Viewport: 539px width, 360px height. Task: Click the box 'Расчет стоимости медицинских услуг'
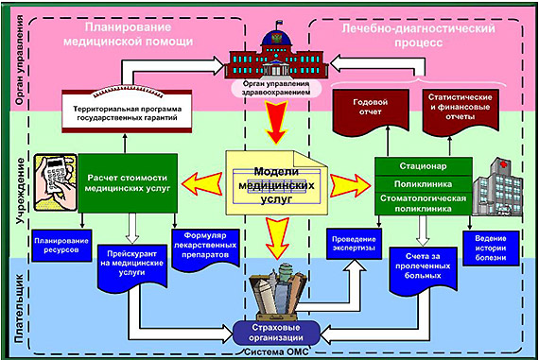[x=128, y=183]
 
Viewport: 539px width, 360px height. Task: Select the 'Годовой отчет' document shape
[x=371, y=111]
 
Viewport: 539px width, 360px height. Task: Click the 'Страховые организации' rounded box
[x=276, y=333]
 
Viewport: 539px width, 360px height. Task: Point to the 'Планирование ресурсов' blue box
[x=61, y=246]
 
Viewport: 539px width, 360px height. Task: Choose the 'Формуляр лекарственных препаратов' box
[x=205, y=248]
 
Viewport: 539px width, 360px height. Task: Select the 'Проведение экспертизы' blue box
[x=354, y=244]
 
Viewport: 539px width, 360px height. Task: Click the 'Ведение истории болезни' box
[x=491, y=248]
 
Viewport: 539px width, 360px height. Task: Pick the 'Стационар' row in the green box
[x=423, y=166]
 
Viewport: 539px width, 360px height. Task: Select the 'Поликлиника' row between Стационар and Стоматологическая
[x=423, y=184]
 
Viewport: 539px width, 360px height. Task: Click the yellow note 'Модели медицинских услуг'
[x=277, y=183]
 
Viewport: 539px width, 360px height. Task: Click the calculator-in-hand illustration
[x=56, y=182]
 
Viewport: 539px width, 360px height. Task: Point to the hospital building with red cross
[x=497, y=187]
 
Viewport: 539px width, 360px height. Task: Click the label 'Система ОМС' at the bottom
[x=276, y=352]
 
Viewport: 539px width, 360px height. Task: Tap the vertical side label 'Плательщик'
[x=19, y=308]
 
